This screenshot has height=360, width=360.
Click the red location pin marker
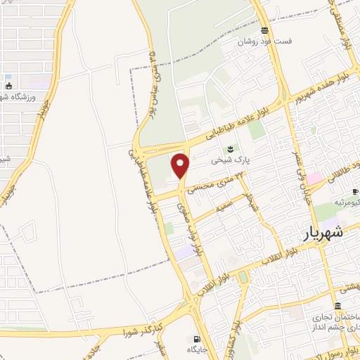pyautogui.click(x=181, y=165)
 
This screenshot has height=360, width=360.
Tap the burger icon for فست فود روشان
pyautogui.click(x=264, y=30)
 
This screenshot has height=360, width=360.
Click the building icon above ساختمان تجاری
pyautogui.click(x=338, y=307)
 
